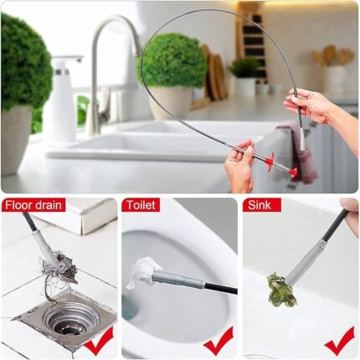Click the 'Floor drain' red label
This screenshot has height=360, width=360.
tap(33, 205)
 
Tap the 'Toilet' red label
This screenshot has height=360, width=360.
tap(141, 205)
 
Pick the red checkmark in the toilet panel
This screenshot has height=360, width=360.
tap(219, 341)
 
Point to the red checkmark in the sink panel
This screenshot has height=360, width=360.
tap(339, 341)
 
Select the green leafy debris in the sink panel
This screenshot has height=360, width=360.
tap(281, 290)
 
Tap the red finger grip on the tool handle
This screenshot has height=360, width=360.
tap(270, 162)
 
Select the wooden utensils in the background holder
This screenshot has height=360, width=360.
tap(333, 56)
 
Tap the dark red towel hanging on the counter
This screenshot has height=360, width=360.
tap(302, 152)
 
